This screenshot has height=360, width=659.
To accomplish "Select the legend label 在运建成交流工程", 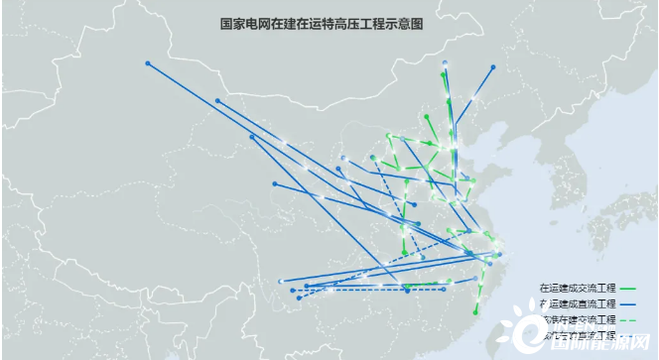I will [578, 288].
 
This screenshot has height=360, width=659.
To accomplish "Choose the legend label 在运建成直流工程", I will [578, 302].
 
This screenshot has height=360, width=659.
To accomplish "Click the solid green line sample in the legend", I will [629, 288].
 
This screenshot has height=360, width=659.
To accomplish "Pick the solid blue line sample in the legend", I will [629, 302].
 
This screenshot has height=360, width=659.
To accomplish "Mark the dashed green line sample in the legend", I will [629, 319].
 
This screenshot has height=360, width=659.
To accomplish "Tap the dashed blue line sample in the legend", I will [629, 335].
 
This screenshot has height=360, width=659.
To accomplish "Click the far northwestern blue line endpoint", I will [147, 63].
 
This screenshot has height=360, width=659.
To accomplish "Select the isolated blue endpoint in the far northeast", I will [493, 67].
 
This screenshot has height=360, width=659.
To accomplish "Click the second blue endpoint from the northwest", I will [217, 101].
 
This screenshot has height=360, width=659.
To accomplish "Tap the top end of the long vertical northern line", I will [445, 62].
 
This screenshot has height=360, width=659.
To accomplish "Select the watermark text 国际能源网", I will [607, 346].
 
